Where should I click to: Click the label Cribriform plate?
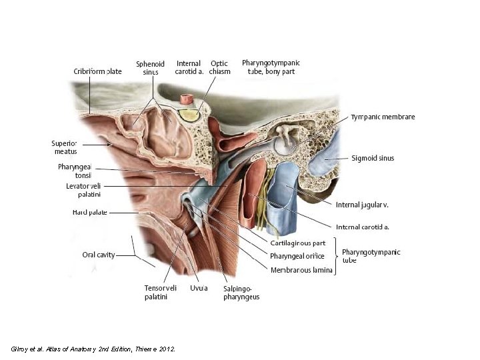click(x=97, y=71)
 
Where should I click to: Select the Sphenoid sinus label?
click(x=151, y=68)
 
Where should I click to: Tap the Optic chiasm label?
click(x=219, y=68)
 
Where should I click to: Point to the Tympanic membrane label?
click(x=383, y=117)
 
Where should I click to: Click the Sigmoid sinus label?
click(x=373, y=158)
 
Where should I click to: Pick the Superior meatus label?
click(x=65, y=147)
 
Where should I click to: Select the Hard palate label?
click(x=90, y=213)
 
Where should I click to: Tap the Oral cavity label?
click(x=98, y=254)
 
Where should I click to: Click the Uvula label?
click(x=198, y=288)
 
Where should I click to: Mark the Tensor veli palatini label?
click(x=161, y=292)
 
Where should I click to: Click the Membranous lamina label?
click(x=301, y=270)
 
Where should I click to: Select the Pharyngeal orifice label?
click(x=297, y=256)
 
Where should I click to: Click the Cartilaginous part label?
click(x=298, y=243)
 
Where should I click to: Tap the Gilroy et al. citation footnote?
click(x=93, y=349)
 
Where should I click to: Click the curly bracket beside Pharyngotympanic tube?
click(x=336, y=256)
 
